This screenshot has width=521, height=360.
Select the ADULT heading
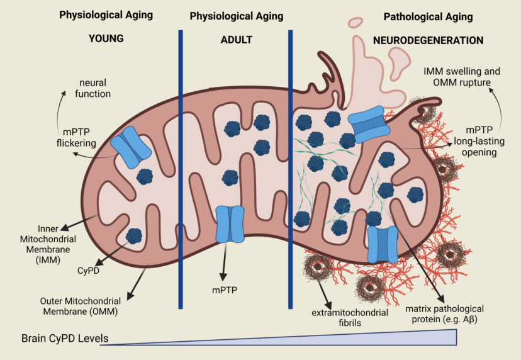pyautogui.click(x=237, y=40)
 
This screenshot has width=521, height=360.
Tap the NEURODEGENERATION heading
pyautogui.click(x=428, y=40)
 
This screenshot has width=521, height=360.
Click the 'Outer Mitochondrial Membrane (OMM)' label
pyautogui.click(x=68, y=305)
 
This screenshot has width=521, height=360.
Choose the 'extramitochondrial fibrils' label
pyautogui.click(x=340, y=318)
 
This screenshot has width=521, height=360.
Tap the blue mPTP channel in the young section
pyautogui.click(x=131, y=147)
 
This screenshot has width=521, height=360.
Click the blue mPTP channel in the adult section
pyautogui.click(x=229, y=223)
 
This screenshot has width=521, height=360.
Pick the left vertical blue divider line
pyautogui.click(x=181, y=170)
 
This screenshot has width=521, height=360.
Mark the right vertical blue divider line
pyautogui.click(x=291, y=170)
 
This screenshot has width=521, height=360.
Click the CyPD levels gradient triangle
pyautogui.click(x=378, y=339)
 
